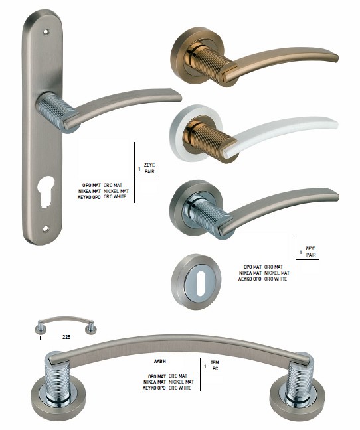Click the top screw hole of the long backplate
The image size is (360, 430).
[46, 32]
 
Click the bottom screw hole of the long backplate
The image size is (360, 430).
[46, 228]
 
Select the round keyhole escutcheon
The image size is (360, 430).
[196, 281]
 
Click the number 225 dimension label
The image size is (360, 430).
[66, 338]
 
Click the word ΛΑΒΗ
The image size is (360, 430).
[160, 362]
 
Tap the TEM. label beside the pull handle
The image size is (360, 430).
[215, 362]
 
